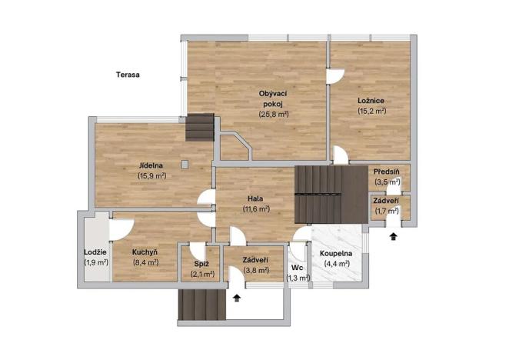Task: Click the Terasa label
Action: [x=128, y=75]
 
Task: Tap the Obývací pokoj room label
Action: [x=273, y=98]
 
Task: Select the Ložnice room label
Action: [x=371, y=101]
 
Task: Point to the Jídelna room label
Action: [x=151, y=165]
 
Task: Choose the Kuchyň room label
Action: [x=145, y=252]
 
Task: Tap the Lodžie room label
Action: [x=96, y=252]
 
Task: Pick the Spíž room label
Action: [x=201, y=264]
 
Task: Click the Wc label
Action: [x=298, y=268]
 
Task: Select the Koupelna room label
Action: [x=337, y=253]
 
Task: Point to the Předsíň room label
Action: [x=387, y=172]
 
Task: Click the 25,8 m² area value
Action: [x=273, y=114]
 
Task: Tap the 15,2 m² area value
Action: [x=371, y=111]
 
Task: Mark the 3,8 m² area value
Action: [x=255, y=270]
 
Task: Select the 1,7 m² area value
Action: [x=387, y=210]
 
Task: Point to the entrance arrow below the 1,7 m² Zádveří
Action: [x=394, y=236]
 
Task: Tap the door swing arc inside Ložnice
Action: [x=336, y=75]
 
